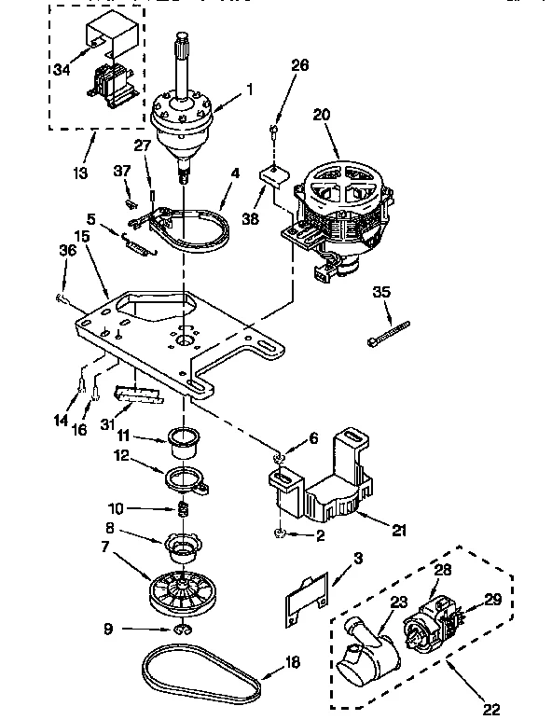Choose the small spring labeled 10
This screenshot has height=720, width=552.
coord(184,509)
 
